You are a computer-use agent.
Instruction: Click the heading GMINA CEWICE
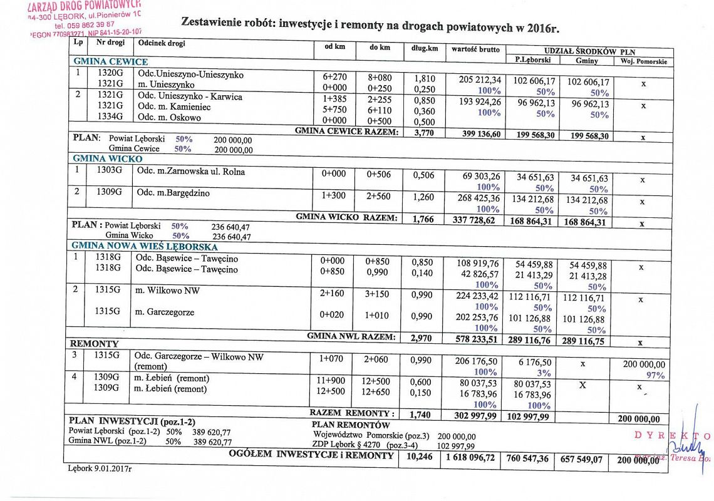(110, 61)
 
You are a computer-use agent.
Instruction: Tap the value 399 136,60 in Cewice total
(475, 134)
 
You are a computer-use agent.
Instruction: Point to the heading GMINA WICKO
(108, 159)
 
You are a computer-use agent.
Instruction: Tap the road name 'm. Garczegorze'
(165, 312)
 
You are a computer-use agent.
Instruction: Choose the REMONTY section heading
(94, 344)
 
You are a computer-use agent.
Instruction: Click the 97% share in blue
(655, 375)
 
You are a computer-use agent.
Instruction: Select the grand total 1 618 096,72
(470, 458)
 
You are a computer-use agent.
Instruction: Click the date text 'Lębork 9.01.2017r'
(100, 468)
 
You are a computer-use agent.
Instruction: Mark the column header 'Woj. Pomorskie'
(644, 62)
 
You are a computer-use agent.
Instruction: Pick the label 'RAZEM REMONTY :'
(352, 413)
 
